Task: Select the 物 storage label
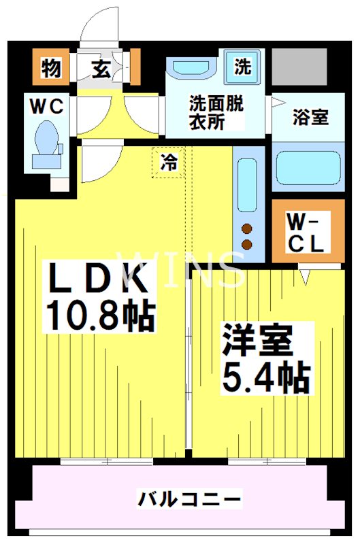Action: [51, 68]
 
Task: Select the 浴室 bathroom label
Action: [310, 117]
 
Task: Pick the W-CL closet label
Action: [304, 233]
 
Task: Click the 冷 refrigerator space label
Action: [168, 162]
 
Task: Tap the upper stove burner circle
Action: [246, 228]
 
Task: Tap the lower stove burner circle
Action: [246, 244]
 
